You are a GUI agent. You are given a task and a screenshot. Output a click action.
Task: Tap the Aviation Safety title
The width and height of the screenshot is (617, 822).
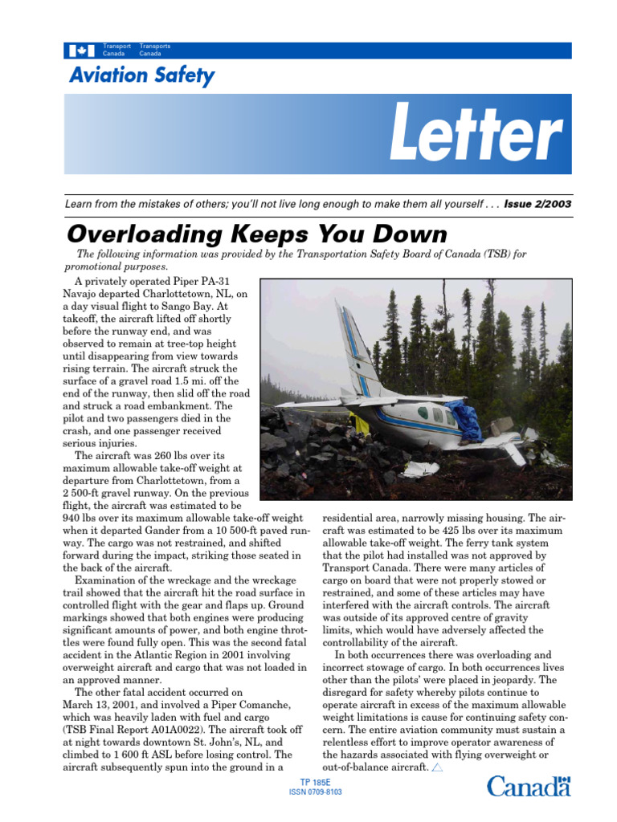tap(141, 76)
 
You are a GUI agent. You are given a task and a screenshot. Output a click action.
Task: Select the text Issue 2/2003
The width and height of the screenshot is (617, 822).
tap(538, 204)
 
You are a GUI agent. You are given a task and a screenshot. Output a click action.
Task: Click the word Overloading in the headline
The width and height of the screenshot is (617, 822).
tap(141, 234)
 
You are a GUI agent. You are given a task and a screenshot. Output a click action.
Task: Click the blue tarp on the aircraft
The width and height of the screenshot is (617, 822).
tap(465, 418)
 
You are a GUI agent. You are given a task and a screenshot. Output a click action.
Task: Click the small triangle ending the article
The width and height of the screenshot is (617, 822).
tap(437, 767)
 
